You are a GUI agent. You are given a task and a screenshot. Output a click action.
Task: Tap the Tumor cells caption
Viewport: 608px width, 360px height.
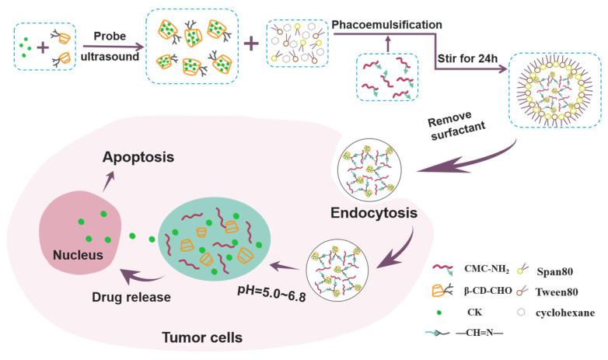click(x=203, y=338)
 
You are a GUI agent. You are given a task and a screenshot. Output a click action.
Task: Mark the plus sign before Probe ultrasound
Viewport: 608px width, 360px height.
click(x=40, y=46)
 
